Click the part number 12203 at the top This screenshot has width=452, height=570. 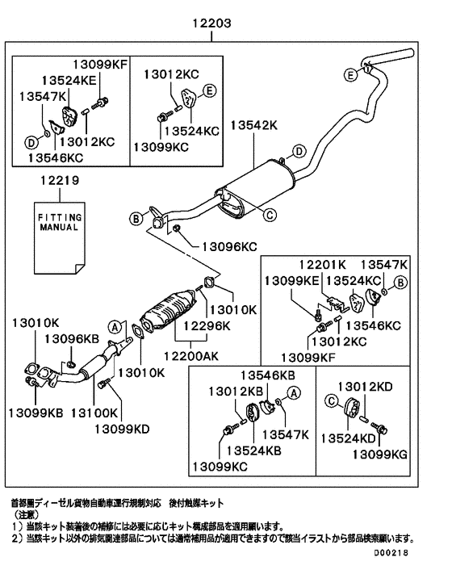(x=211, y=23)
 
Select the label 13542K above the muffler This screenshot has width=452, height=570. (x=253, y=125)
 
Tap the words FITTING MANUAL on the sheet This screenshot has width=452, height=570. (x=60, y=222)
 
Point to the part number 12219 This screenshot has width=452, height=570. (x=60, y=180)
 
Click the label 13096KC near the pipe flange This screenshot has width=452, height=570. (x=229, y=247)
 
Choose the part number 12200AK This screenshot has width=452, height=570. (x=191, y=355)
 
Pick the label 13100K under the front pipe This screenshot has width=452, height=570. (x=94, y=413)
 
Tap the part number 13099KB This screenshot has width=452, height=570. (x=36, y=413)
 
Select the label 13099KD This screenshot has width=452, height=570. (x=122, y=429)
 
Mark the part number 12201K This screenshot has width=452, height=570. (x=323, y=264)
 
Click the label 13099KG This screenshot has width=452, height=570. (x=380, y=454)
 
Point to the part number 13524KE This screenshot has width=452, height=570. (x=69, y=81)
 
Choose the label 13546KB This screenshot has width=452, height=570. (x=268, y=375)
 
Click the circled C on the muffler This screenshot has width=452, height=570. (x=270, y=215)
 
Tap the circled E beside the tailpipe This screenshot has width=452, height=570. (x=350, y=75)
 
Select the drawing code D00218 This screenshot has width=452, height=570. (x=391, y=553)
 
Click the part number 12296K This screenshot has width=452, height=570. (x=207, y=325)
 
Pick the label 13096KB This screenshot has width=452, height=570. (x=72, y=339)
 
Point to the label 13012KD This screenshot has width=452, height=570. (x=365, y=387)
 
